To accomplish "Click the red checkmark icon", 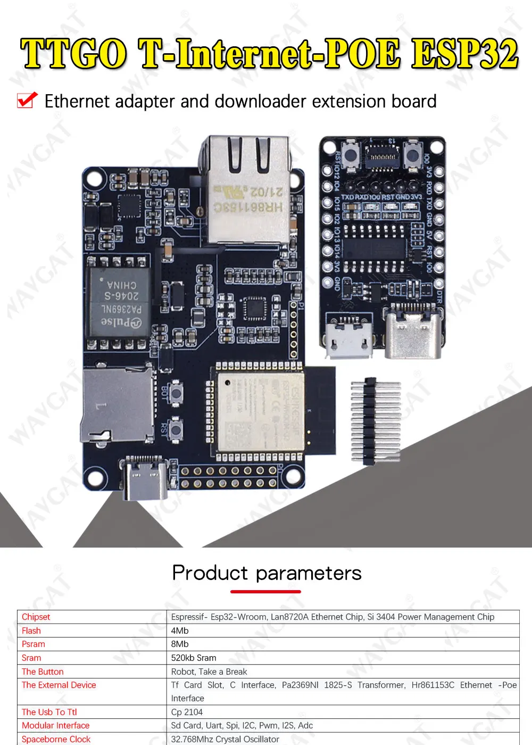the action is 27,100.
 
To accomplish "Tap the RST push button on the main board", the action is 175,428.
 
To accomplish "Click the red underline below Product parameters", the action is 265,591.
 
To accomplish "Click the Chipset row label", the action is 36,617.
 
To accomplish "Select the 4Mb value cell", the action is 180,631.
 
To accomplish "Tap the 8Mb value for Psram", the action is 180,644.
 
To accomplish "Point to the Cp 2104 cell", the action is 187,712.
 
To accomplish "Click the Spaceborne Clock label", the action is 56,739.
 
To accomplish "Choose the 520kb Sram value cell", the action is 194,658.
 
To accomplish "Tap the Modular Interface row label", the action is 55,725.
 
